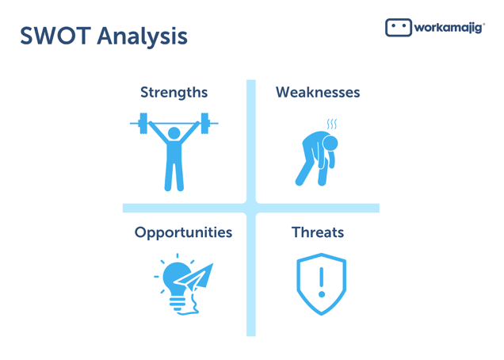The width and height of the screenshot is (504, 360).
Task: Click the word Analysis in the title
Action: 143,37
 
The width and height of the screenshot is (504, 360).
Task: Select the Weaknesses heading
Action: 318,92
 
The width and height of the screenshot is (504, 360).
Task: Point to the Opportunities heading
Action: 183,233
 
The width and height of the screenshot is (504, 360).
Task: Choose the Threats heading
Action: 318,232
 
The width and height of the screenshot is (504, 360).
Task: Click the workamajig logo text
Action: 449,28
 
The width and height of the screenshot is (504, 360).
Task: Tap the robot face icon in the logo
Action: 399,28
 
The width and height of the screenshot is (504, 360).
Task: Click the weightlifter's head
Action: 174,133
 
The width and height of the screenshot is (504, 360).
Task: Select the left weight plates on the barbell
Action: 143,123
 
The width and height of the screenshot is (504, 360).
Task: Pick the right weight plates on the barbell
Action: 205,123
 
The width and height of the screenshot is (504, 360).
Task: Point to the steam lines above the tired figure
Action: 332,124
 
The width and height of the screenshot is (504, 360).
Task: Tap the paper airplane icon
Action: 194,278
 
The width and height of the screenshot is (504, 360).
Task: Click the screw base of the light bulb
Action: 178,304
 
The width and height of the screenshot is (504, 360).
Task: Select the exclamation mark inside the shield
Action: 322,282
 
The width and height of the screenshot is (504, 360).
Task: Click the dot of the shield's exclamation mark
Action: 322,294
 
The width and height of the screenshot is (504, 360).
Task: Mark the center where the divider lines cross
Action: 251,208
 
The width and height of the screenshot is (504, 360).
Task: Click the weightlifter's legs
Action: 174,175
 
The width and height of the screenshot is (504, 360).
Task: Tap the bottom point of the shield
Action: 322,314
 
